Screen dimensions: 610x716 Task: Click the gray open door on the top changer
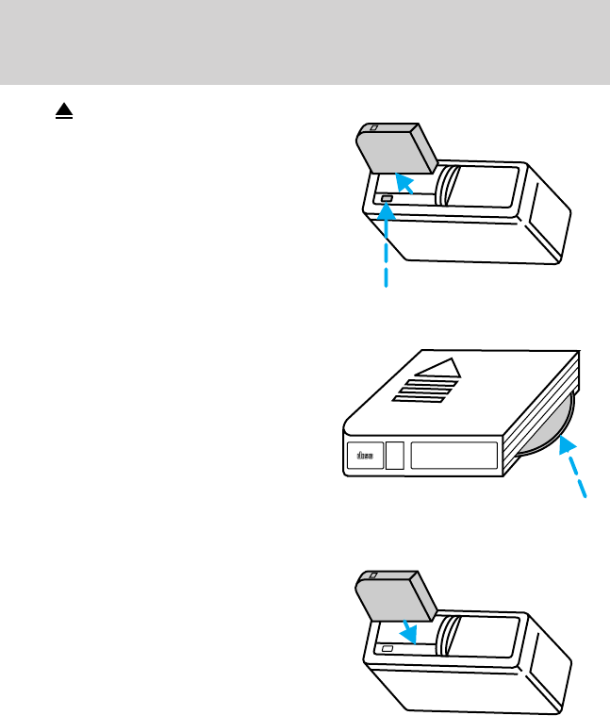394,149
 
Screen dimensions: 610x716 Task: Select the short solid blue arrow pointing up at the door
404,183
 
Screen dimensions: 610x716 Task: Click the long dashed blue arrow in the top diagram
386,245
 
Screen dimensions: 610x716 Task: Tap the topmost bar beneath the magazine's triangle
437,382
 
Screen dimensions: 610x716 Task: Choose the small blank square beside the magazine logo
396,456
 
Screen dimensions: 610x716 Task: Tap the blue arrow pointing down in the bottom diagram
407,629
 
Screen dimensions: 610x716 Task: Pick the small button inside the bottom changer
387,649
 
